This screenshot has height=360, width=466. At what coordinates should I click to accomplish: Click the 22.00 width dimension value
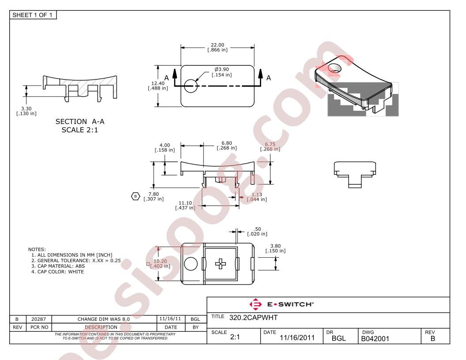point(218,45)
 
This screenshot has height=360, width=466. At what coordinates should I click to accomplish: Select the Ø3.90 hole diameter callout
point(222,70)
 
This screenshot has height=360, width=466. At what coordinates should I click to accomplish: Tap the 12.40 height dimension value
point(158,83)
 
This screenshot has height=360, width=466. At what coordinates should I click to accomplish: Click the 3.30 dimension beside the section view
point(26,109)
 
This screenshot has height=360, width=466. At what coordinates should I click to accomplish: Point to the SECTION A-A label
point(80,121)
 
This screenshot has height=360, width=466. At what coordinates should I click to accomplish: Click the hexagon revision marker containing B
point(135,196)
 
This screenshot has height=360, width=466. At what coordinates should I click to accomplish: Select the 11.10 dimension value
point(185,203)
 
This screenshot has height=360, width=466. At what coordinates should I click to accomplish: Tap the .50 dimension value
point(257,229)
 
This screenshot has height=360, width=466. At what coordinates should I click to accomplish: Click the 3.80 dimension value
point(275,246)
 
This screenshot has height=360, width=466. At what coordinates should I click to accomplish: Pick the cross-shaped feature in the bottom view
point(221,263)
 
